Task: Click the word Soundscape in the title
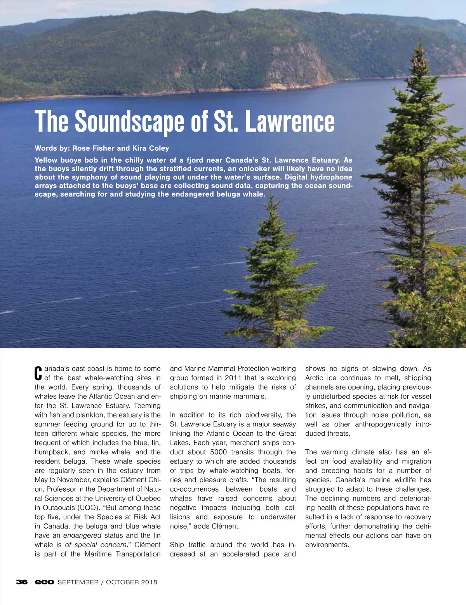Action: (130, 122)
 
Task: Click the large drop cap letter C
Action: (38, 374)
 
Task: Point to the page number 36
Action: (22, 582)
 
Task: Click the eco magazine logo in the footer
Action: (44, 582)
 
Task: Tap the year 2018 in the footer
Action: (149, 582)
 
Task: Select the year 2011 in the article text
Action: (233, 378)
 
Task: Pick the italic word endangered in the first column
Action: (82, 535)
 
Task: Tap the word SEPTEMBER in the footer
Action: (78, 582)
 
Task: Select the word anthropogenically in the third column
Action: (383, 424)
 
